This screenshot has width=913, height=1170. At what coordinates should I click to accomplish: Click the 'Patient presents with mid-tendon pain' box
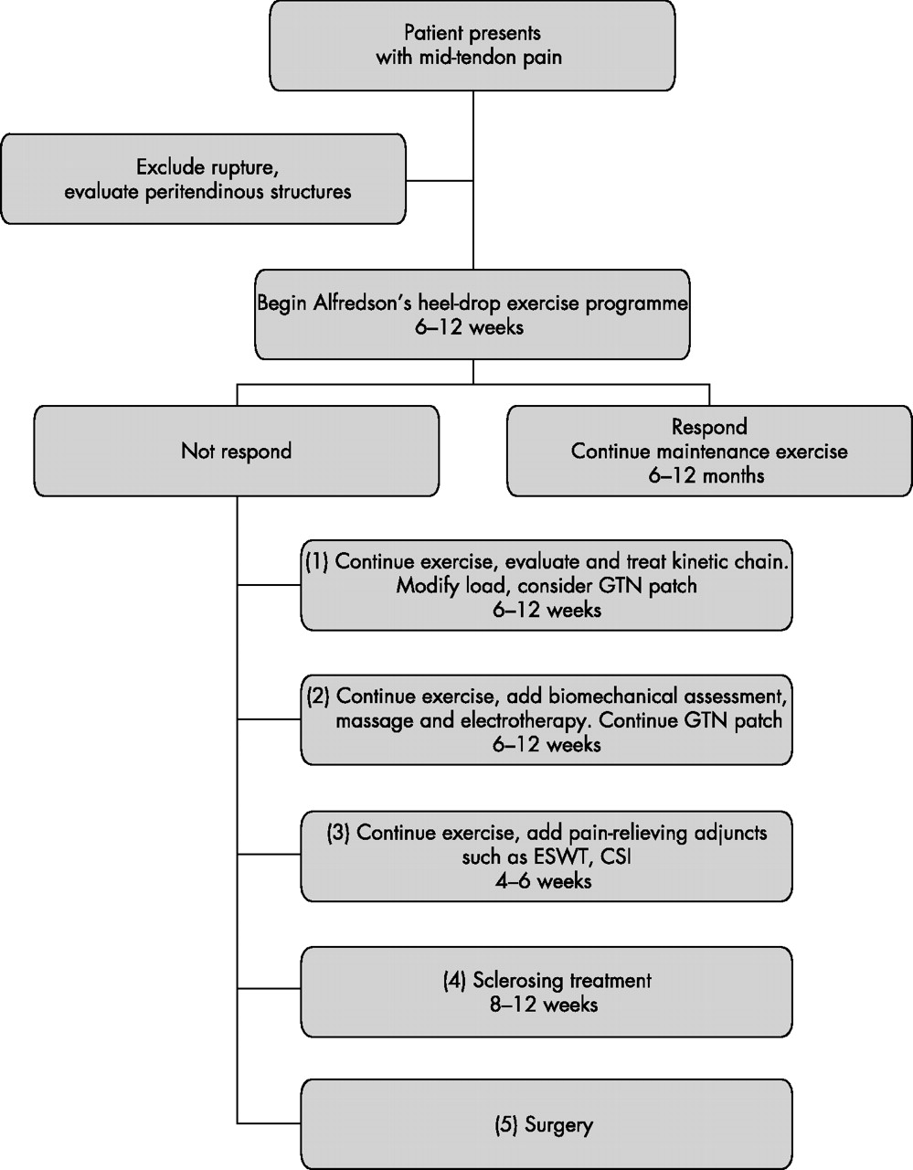(x=472, y=45)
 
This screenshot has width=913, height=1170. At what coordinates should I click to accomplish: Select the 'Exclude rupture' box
(x=204, y=179)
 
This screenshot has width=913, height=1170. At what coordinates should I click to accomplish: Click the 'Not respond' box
(x=237, y=451)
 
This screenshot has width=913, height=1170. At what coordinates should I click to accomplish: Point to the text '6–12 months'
(x=706, y=476)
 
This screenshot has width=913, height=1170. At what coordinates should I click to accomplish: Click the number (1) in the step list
(x=317, y=561)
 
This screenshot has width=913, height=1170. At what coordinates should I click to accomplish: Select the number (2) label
(x=318, y=697)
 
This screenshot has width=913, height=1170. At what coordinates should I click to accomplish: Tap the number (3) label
(x=338, y=833)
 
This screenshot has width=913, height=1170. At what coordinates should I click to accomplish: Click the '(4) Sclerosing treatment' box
(x=547, y=993)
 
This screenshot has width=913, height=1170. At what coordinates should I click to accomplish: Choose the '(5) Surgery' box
(x=547, y=1125)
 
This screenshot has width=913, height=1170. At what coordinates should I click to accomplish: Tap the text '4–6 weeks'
(x=544, y=881)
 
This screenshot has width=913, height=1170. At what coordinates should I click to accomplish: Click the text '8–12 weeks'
(x=544, y=1005)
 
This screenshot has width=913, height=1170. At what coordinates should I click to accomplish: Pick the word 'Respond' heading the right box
(x=709, y=427)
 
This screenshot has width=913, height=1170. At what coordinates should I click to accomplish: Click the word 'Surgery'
(x=558, y=1125)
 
